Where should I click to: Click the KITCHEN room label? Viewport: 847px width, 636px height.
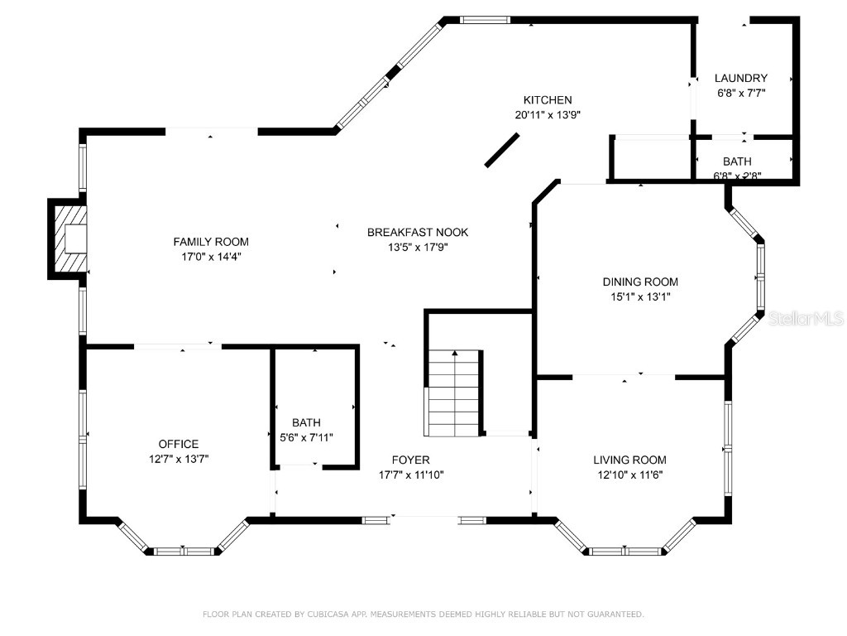coord(547,100)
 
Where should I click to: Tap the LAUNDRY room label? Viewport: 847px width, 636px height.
coord(740,79)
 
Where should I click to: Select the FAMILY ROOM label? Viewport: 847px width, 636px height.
coord(210,242)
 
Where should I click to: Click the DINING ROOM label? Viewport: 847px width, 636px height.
coord(639,282)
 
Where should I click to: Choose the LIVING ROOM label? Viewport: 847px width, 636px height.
coord(629,460)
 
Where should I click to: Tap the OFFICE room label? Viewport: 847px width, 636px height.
coord(179,445)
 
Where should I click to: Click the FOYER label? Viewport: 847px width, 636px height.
coord(410,460)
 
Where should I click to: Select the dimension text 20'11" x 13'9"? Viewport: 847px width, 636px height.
coord(547,116)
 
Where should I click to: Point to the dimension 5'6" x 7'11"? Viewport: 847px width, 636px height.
coord(306,437)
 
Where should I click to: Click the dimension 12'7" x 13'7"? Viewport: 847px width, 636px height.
coord(179,459)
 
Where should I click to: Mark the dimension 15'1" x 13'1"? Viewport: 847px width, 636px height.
coord(639,296)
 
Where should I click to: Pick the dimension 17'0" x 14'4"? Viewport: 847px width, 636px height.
coord(210,257)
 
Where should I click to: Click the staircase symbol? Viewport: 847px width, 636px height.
coord(453,393)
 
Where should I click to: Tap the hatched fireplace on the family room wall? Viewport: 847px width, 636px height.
coord(69,238)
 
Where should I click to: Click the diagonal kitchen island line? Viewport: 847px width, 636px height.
coord(502,151)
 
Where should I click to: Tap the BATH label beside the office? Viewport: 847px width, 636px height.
coord(306,422)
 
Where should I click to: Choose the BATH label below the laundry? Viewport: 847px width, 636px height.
coord(737,161)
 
